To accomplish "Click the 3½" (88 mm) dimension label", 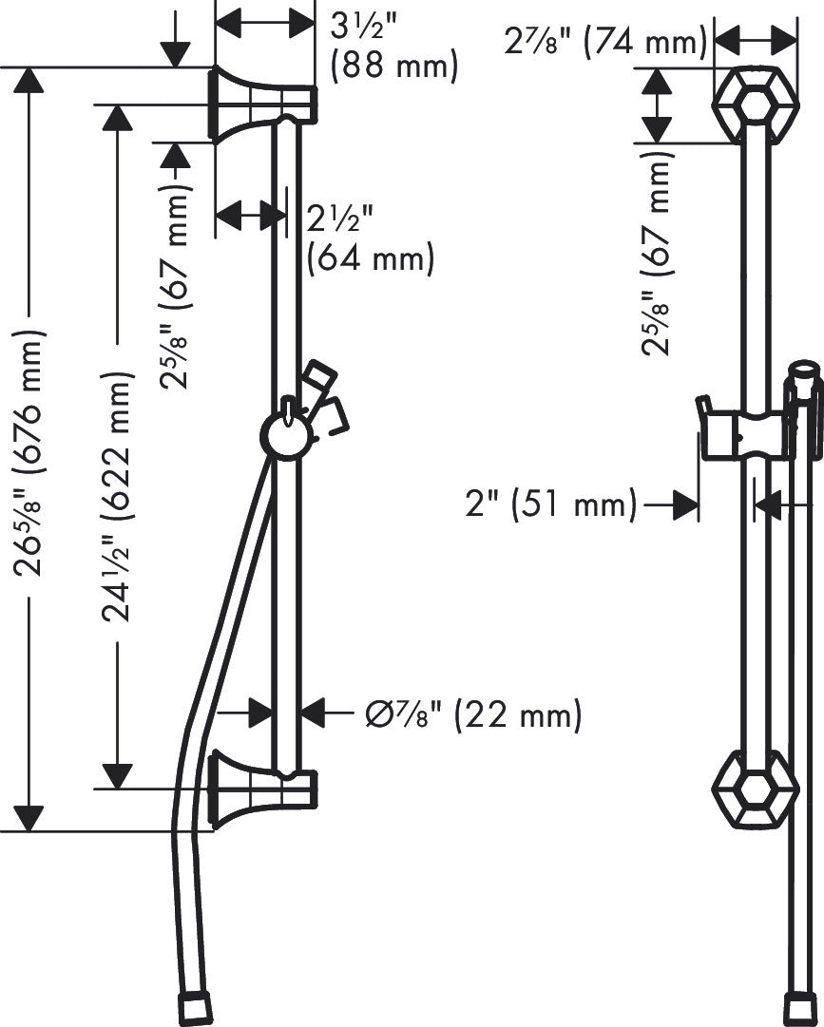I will click(392, 46).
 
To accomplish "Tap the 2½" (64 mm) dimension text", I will click(369, 238).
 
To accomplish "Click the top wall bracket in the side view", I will click(257, 103).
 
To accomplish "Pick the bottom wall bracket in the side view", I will click(257, 788).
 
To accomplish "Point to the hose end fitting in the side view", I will click(196, 1008).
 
